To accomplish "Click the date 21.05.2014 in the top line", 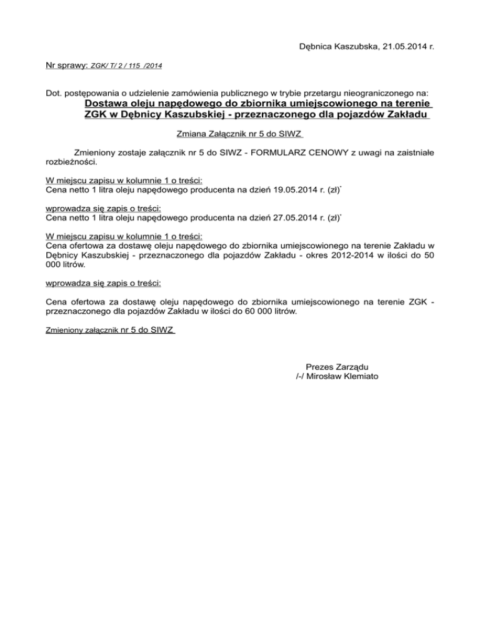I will point(394,46).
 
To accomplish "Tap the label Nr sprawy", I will point(67,64).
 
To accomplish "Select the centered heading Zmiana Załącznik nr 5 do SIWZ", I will point(240,133).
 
